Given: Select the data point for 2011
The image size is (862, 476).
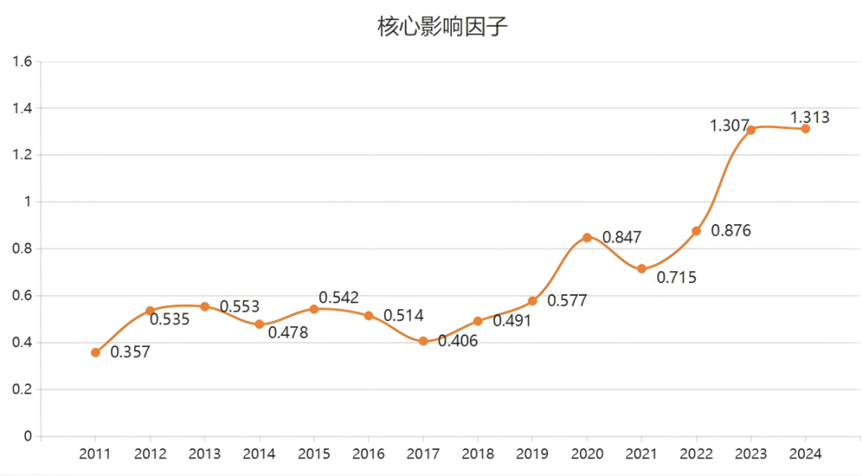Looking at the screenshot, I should (x=96, y=352).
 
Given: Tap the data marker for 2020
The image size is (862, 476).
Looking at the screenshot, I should (x=587, y=238).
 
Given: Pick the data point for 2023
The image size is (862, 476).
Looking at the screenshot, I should (x=751, y=130).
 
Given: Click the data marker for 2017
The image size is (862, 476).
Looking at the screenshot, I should (x=423, y=341).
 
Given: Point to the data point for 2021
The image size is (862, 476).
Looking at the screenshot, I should (x=641, y=269).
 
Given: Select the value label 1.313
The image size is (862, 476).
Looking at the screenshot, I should (x=809, y=118).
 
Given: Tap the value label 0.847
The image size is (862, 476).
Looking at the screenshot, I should (x=622, y=238).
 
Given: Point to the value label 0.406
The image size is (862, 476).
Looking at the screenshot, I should (x=458, y=341).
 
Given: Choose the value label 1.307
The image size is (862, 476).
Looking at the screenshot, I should (x=729, y=126).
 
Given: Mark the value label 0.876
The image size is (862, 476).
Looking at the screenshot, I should (x=731, y=231).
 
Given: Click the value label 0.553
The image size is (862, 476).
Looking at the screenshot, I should (x=240, y=307).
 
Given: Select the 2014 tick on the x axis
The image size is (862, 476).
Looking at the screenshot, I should (x=259, y=454).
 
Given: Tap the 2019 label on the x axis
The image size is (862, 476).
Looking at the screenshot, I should (x=532, y=454).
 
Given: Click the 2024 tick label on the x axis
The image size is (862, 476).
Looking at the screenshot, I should (x=806, y=454).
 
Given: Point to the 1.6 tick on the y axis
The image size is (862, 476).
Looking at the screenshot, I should (x=23, y=62).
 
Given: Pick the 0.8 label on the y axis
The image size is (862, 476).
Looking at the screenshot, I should (x=23, y=249).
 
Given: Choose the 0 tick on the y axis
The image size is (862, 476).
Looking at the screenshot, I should (x=28, y=436).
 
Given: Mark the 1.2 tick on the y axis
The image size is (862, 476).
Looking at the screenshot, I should (x=23, y=155).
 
